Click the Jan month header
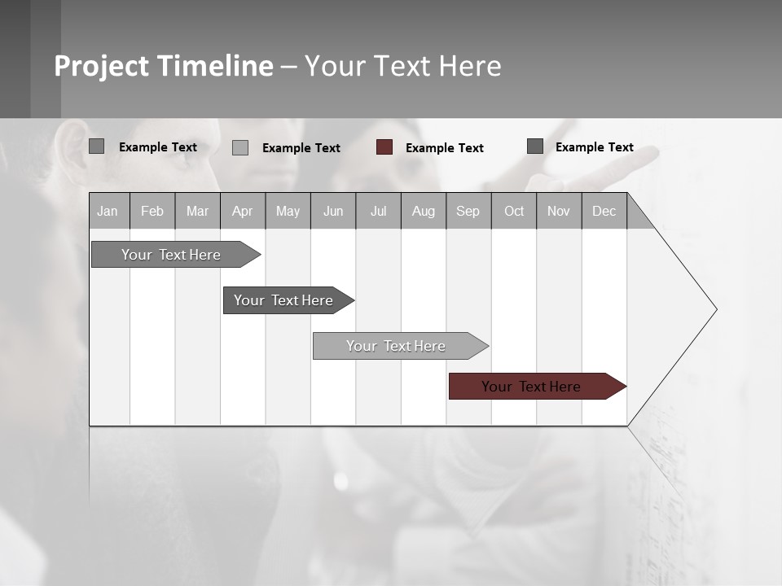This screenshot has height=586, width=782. pos(108,211)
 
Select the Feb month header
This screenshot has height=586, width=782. pos(152,211)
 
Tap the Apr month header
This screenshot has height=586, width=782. pos(242,211)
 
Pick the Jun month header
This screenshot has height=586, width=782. pos(333,211)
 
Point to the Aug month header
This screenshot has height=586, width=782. pos(423,211)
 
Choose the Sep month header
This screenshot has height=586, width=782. pos(468,211)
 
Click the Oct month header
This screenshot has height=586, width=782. pos(514,211)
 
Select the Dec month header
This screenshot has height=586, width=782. pos(604,211)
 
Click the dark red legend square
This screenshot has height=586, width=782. pos(384,147)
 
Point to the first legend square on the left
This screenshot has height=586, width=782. pos(97,146)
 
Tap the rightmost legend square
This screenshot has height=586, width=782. pos(535,146)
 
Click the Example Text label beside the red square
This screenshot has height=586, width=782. pos(444,148)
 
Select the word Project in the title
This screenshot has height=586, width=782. pos(101,66)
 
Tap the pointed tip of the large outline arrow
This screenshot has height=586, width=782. pos(714,309)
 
